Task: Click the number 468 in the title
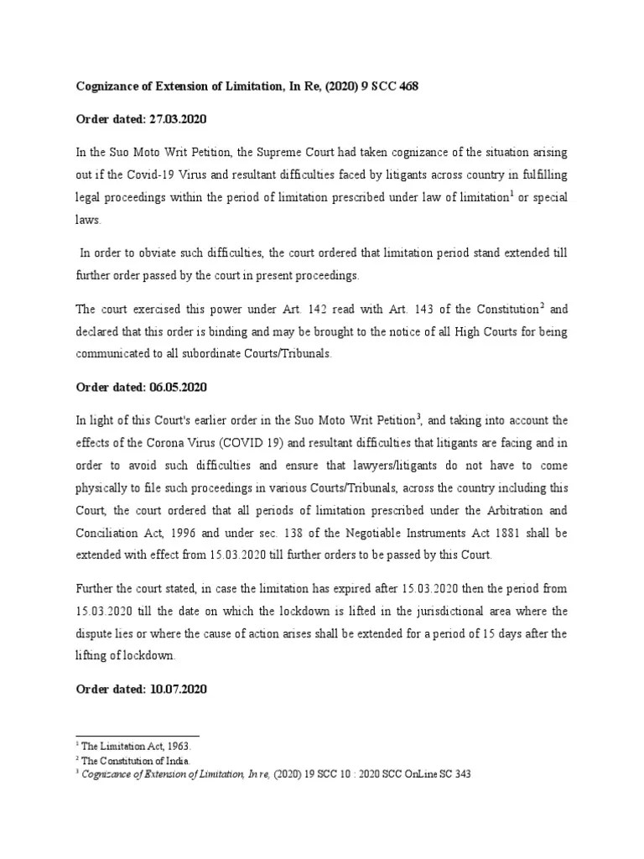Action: [418, 86]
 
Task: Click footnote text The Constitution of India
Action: [132, 759]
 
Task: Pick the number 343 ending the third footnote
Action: [461, 774]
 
